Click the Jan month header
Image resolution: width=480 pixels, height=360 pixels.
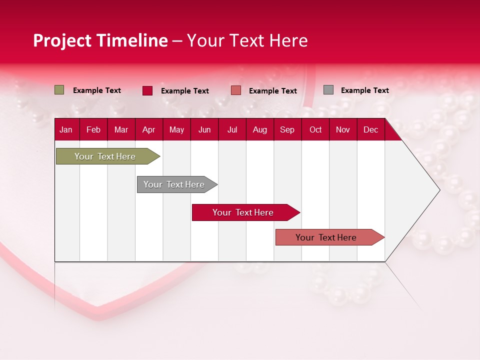[66, 130]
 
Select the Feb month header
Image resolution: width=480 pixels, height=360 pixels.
[93, 130]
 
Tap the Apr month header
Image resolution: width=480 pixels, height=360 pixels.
[148, 130]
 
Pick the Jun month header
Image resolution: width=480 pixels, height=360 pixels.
[204, 130]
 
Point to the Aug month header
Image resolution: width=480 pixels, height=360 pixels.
[260, 130]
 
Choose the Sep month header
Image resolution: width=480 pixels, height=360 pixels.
[287, 130]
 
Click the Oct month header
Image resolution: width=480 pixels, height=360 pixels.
[315, 130]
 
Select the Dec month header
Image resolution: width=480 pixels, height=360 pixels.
[370, 130]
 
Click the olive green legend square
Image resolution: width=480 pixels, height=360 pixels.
[59, 90]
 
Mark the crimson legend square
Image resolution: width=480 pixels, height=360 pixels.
[147, 90]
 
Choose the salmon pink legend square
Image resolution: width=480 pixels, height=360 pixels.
[236, 90]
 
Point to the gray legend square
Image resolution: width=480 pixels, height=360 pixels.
[328, 90]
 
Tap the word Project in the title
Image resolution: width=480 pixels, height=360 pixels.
[62, 40]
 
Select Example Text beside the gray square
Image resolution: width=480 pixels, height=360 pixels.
[364, 90]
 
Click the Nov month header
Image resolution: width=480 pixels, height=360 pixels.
[343, 130]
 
